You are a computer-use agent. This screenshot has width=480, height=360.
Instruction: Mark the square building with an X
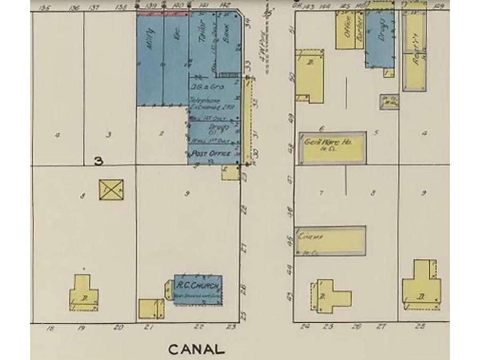[111, 189]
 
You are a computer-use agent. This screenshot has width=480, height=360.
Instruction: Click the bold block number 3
[98, 161]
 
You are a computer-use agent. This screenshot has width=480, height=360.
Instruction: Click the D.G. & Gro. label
[205, 86]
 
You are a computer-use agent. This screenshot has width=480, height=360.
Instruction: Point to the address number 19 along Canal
[81, 327]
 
